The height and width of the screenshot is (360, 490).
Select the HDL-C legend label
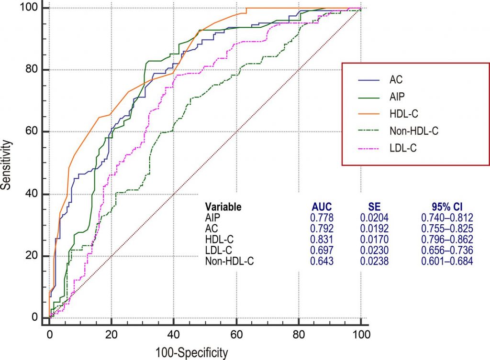click(402, 114)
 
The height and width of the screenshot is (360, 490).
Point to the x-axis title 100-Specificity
click(191, 353)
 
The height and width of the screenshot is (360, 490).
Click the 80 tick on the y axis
click(33, 70)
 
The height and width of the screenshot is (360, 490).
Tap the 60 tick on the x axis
click(236, 333)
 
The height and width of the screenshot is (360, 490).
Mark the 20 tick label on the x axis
click(111, 333)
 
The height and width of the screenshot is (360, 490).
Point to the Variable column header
click(223, 207)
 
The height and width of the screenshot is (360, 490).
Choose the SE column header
click(372, 207)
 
